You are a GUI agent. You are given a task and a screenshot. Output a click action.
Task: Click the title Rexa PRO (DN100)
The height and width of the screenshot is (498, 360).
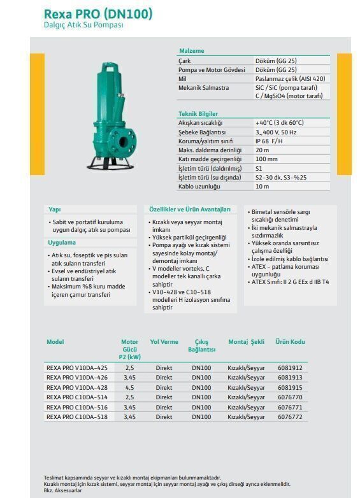click(x=98, y=13)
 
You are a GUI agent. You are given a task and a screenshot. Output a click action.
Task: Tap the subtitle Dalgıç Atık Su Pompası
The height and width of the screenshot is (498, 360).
click(x=83, y=25)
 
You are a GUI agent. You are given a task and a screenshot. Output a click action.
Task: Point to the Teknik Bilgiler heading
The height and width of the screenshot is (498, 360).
click(x=198, y=113)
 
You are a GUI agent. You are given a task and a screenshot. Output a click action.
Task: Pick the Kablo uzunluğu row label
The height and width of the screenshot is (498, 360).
click(x=199, y=187)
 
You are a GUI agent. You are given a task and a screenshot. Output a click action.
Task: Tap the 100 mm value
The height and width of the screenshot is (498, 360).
click(x=266, y=159)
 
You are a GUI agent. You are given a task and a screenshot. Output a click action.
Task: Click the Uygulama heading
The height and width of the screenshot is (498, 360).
click(x=62, y=243)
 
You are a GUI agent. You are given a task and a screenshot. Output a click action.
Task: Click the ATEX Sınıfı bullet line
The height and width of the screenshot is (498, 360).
click(x=290, y=281)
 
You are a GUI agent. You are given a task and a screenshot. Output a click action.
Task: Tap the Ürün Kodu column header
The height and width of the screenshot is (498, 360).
click(x=290, y=342)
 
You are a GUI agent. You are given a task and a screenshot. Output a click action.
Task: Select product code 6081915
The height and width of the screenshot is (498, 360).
click(x=290, y=387)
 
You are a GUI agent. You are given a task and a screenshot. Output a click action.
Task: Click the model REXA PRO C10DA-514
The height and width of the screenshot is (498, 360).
click(x=77, y=397)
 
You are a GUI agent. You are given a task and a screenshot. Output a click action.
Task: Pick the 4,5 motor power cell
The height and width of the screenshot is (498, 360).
click(x=130, y=387)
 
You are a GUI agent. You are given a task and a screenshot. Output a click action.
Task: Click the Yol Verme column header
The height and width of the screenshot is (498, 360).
click(x=164, y=342)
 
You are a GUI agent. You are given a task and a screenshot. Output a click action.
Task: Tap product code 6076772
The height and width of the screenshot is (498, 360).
click(x=290, y=417)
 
